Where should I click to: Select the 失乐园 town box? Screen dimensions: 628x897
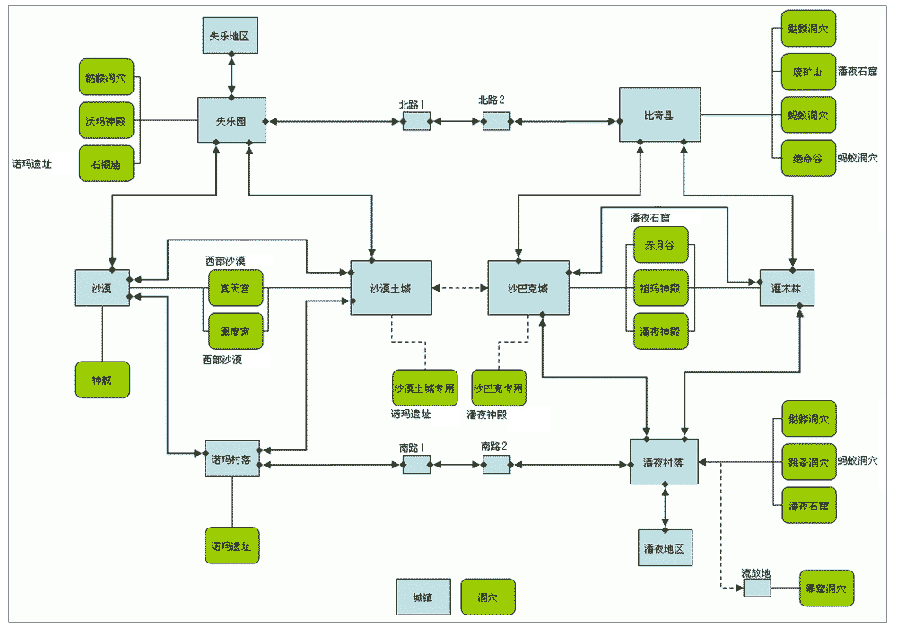[231, 120]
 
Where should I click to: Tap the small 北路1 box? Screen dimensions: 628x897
[415, 120]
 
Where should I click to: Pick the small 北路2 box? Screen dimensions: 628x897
[496, 120]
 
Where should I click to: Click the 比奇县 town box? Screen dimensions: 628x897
[659, 115]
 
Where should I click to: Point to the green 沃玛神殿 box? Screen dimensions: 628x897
[107, 120]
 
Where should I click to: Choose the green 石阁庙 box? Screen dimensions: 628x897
[107, 163]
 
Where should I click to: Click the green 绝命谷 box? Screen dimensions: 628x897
[808, 158]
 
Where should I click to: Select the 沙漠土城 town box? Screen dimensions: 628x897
[391, 288]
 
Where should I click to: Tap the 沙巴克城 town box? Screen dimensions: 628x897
[527, 288]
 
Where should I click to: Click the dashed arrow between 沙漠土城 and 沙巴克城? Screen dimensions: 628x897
[459, 288]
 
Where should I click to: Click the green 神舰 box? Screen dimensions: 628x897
[102, 379]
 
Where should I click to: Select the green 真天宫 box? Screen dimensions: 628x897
[235, 288]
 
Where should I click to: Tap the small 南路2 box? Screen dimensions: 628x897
[496, 464]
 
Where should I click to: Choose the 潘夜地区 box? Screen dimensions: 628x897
[665, 547]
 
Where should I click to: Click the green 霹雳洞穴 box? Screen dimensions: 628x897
[826, 589]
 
